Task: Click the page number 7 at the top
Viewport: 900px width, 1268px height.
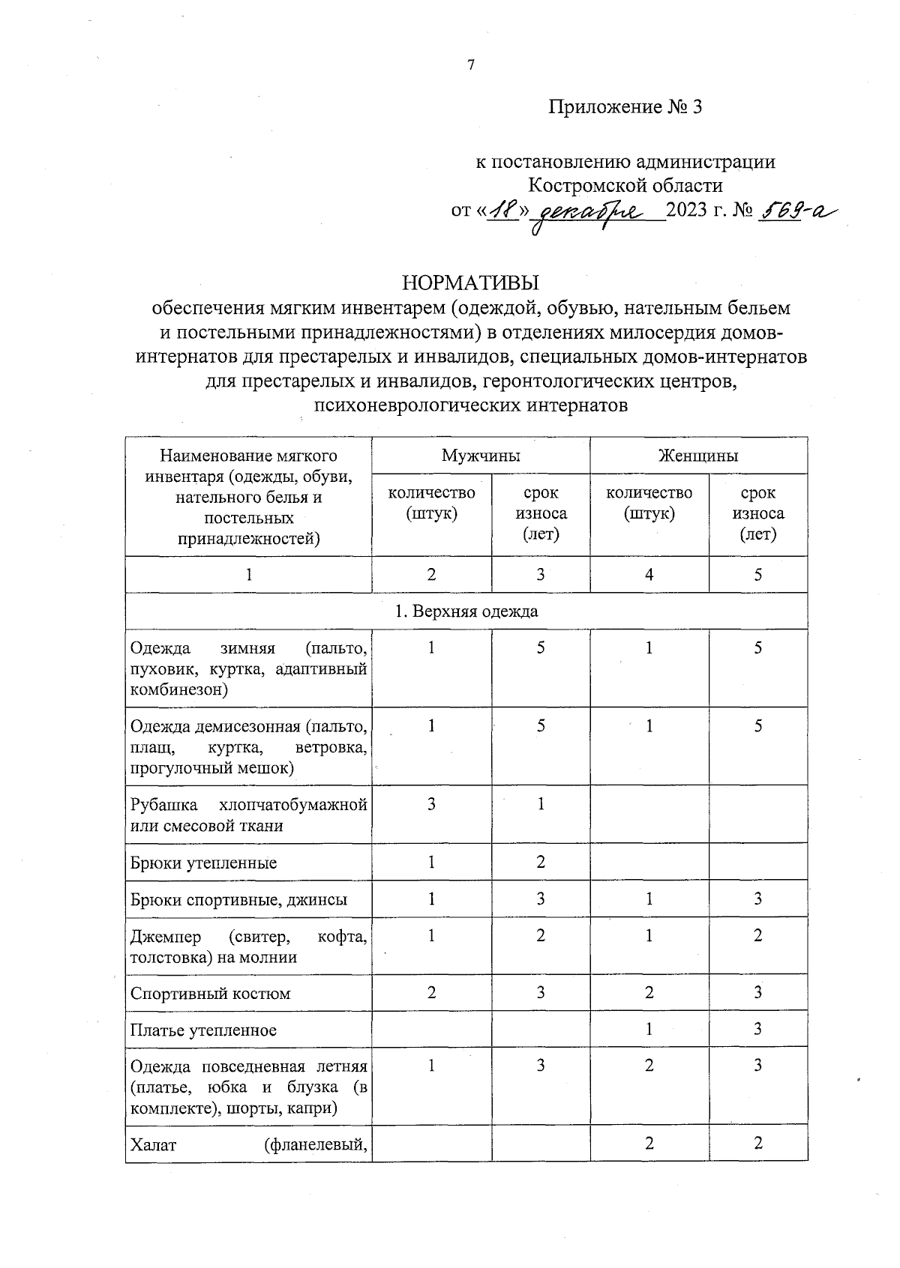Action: pyautogui.click(x=471, y=65)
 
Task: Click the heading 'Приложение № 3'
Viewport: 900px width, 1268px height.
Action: pyautogui.click(x=625, y=107)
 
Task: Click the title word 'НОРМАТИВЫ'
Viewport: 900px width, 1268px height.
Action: pyautogui.click(x=471, y=283)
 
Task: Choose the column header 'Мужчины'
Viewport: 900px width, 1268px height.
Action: pyautogui.click(x=481, y=455)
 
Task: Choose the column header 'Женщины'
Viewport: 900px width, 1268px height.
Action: pyautogui.click(x=698, y=455)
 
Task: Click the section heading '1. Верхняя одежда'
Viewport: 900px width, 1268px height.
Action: pyautogui.click(x=466, y=611)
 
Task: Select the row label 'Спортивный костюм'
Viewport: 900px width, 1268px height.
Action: pyautogui.click(x=211, y=994)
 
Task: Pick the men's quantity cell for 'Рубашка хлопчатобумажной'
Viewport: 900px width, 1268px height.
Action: pyautogui.click(x=431, y=804)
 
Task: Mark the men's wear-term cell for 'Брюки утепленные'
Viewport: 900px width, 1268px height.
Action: pyautogui.click(x=541, y=862)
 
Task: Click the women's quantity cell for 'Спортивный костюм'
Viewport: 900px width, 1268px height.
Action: pyautogui.click(x=649, y=993)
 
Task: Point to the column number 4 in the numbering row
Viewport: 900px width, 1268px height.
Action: pyautogui.click(x=649, y=574)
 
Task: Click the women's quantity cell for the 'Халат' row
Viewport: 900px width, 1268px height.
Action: pyautogui.click(x=649, y=1143)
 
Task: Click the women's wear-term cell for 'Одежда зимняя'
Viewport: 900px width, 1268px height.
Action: pyautogui.click(x=758, y=647)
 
